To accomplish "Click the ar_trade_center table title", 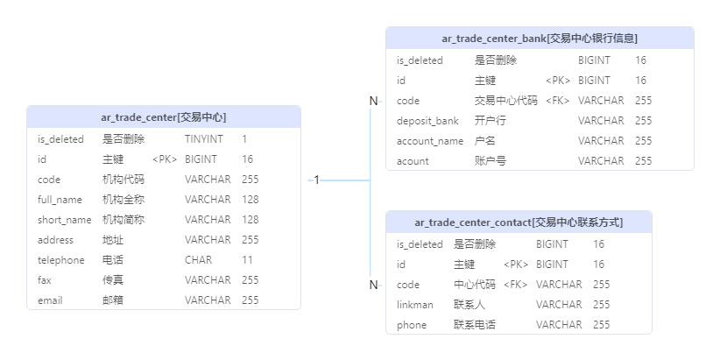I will click(x=164, y=117).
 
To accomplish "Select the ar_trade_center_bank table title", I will click(x=540, y=39).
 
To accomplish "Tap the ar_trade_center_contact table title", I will click(x=519, y=222).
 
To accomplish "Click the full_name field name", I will click(x=60, y=200).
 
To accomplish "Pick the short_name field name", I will click(x=64, y=220).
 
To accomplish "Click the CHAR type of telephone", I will click(x=198, y=260).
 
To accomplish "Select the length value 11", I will click(x=247, y=260).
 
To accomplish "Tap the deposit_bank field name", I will click(x=428, y=121).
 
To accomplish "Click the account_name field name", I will click(x=430, y=141).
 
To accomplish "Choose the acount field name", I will click(x=413, y=161).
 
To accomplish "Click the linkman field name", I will click(x=414, y=305).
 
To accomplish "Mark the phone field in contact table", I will click(x=412, y=325).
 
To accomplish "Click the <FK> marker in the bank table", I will click(x=557, y=101).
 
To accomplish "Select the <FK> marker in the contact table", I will click(x=515, y=285).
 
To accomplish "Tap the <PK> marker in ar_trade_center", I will click(x=165, y=159).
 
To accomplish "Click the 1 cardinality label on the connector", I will click(x=317, y=180).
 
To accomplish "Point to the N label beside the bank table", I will click(x=373, y=101).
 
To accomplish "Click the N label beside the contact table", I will click(x=373, y=285).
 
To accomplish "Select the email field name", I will click(x=50, y=300).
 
